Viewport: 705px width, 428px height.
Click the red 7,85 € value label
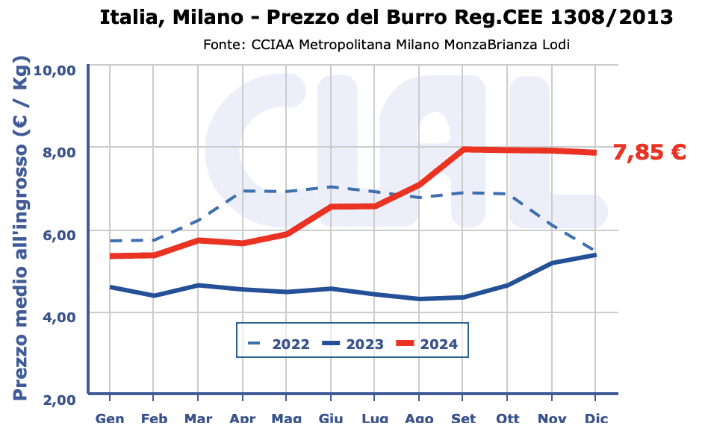pos(649,152)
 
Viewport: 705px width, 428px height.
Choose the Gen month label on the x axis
pos(110,419)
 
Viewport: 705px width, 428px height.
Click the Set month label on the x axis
pos(464,419)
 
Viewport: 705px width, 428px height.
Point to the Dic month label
pos(596,419)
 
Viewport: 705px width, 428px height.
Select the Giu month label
pos(330,419)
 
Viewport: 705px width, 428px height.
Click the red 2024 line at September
pos(464,149)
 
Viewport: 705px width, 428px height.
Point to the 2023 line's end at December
pos(595,254)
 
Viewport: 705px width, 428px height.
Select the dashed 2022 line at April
pos(243,191)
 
